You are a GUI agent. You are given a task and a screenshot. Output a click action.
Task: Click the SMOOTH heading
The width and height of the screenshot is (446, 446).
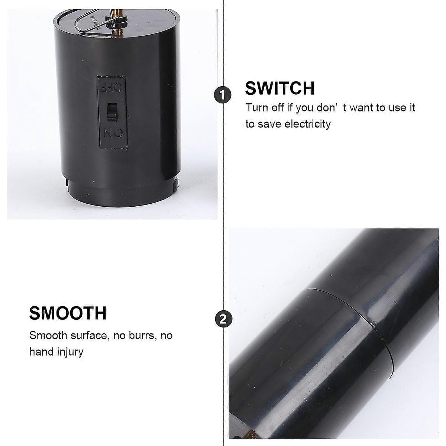[x=68, y=313]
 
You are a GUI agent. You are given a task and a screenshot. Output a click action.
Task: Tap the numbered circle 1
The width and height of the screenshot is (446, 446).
[x=222, y=95]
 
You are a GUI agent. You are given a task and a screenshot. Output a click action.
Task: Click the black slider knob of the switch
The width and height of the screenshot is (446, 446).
[x=111, y=111]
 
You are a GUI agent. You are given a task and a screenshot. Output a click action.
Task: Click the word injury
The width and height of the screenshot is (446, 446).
[x=70, y=352]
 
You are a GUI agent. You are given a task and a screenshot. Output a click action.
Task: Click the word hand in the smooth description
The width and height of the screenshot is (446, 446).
[x=42, y=352]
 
